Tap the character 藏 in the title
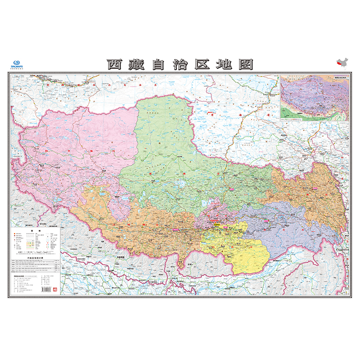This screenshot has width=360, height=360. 136,64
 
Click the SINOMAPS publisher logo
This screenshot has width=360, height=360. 17,64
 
